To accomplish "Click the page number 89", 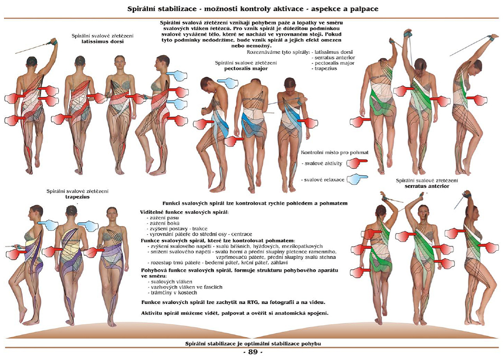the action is point(253,352).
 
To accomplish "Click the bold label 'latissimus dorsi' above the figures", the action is point(103,41).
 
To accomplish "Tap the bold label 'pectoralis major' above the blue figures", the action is point(246,68).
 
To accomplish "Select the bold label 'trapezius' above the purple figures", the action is point(77,197).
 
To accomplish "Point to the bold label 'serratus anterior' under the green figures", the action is point(427,186).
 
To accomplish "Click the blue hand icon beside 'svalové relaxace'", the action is point(357,180).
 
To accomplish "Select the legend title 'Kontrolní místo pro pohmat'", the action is point(335,153).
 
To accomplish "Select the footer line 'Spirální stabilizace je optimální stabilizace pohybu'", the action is point(253,344).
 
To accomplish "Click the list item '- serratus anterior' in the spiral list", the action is point(333,58).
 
